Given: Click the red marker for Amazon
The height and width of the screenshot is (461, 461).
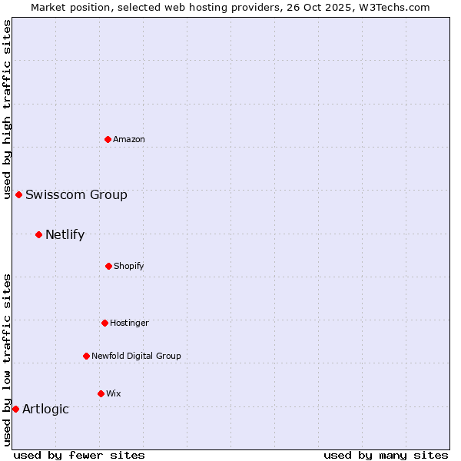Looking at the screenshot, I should click(x=108, y=139).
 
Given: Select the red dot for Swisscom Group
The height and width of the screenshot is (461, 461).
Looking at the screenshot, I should click(x=19, y=194).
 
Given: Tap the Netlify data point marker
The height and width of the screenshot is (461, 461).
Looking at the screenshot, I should click(x=38, y=234).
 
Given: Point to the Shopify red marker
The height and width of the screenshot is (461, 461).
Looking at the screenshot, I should click(x=108, y=266).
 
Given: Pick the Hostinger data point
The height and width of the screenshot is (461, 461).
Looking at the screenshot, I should click(x=104, y=323).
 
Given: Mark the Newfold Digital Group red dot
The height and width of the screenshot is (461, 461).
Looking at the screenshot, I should click(x=86, y=356).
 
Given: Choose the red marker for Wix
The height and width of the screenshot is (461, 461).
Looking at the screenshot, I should click(x=101, y=393).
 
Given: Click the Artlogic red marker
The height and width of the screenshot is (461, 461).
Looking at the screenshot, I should click(x=15, y=409).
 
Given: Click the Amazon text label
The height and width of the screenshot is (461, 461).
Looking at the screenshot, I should click(x=129, y=139).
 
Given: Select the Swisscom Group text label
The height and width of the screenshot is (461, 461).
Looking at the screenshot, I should click(x=76, y=194).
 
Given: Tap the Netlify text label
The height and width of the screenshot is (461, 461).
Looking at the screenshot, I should click(x=65, y=234).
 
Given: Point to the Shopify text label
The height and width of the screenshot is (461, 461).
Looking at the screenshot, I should click(x=129, y=266).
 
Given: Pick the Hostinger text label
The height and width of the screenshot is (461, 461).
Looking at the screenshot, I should click(x=129, y=323).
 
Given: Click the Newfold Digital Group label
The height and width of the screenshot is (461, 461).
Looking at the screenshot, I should click(x=136, y=356).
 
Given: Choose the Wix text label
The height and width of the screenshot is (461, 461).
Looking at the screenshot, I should click(x=114, y=393).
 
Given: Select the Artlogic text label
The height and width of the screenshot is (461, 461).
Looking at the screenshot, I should click(x=45, y=409).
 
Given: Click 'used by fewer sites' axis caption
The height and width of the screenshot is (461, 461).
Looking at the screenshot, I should click(x=79, y=455).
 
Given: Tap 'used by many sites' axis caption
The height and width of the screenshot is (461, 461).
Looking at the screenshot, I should click(x=386, y=455).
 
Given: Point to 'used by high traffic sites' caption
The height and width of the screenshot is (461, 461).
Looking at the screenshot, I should click(x=8, y=109).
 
